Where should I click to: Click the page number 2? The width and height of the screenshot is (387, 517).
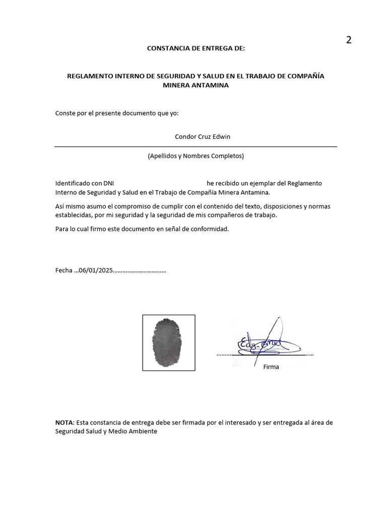tap(348, 40)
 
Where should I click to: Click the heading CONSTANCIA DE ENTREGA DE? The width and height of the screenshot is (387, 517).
tap(196, 48)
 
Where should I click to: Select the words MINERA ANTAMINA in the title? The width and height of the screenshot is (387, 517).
tap(196, 85)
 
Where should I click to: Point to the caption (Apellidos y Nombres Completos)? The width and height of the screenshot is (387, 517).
tap(196, 156)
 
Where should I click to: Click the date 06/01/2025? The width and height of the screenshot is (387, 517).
tap(96, 270)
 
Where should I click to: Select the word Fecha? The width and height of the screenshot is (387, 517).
tap(63, 270)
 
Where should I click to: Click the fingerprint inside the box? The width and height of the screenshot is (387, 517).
tap(168, 343)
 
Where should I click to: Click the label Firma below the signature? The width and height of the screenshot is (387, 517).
tap(271, 367)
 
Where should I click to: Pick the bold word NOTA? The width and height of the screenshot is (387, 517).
tap(63, 423)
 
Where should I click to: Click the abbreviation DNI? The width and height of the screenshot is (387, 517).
tap(109, 183)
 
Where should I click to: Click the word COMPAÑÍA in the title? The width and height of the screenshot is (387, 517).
tap(305, 76)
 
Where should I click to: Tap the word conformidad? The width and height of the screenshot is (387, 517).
tap(209, 229)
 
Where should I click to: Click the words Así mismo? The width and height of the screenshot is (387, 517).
tap(69, 206)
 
